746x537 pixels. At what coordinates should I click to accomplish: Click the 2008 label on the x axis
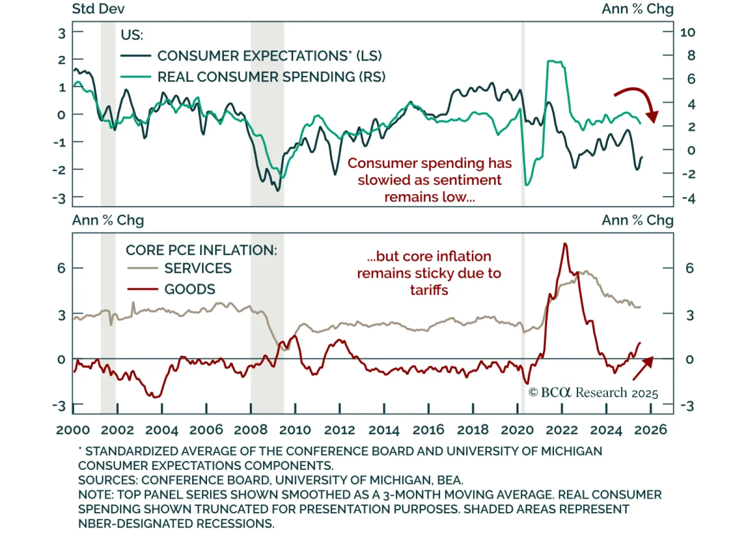(x=250, y=430)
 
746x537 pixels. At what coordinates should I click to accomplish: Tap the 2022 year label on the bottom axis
(x=561, y=430)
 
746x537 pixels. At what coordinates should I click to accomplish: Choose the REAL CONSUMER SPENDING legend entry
(x=271, y=77)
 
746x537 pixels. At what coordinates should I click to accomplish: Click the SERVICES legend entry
(x=197, y=268)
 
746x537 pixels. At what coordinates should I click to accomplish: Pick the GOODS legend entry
(x=189, y=289)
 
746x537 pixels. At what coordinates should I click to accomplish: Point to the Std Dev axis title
(x=98, y=9)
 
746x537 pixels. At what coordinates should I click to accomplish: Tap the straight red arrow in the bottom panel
(x=642, y=368)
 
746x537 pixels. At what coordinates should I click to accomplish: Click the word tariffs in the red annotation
(x=429, y=290)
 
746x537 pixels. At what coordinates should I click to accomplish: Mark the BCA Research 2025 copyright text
(x=593, y=393)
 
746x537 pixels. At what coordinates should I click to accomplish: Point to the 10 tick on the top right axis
(x=688, y=33)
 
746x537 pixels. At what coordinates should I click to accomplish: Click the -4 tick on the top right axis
(x=688, y=198)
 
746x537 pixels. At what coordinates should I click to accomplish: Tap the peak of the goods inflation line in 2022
(x=565, y=244)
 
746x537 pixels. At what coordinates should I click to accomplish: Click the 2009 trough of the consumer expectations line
(x=278, y=190)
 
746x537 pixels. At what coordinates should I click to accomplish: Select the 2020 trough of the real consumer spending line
(x=527, y=185)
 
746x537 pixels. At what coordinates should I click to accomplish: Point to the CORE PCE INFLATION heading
(x=201, y=250)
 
